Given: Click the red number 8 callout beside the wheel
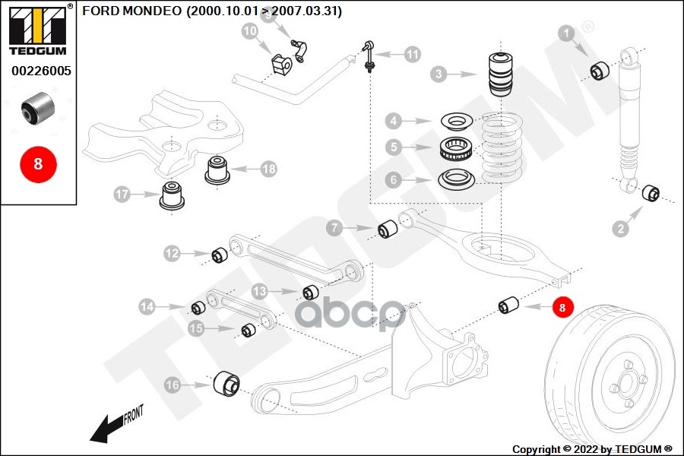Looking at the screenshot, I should coord(562,307).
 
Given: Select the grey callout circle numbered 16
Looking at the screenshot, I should coord(173,385).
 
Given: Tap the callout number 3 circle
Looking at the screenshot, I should coord(438,74).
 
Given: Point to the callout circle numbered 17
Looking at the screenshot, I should coord(123,195).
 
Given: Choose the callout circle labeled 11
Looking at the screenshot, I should coord(412,54).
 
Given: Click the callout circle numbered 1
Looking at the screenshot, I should coord(566,33).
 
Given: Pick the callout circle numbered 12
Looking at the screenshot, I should coord(173,253).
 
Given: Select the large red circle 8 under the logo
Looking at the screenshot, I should coord(38,163).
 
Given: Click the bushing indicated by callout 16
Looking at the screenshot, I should coord(226,383).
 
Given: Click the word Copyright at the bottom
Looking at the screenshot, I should coord(538,448).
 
